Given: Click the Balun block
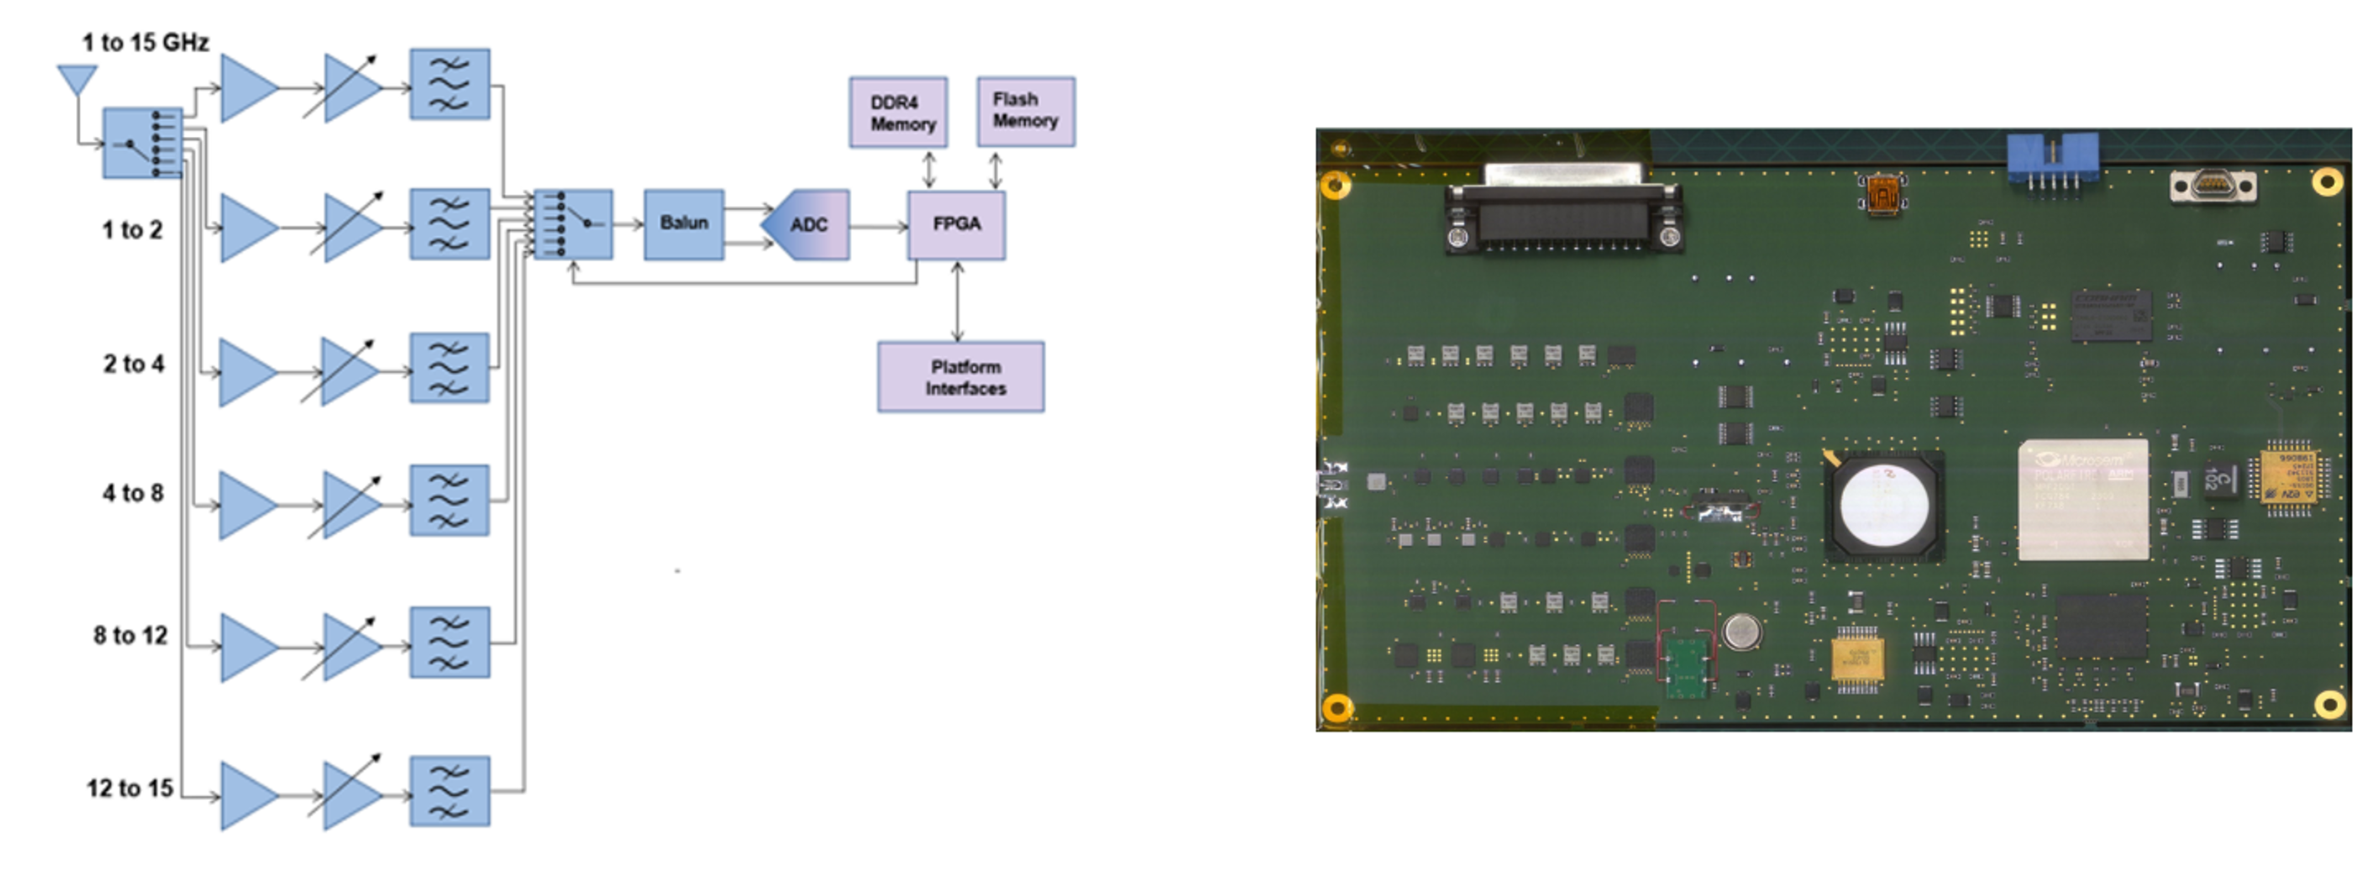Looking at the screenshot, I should [x=684, y=224].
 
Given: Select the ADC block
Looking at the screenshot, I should [x=808, y=225].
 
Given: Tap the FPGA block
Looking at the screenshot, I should [x=956, y=225].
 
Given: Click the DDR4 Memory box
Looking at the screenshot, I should [x=898, y=113].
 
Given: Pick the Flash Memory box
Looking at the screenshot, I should [x=1026, y=111].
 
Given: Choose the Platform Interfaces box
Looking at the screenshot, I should [x=961, y=377].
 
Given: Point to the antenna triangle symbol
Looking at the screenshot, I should [x=77, y=78].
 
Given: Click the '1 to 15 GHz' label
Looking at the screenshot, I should [x=145, y=42].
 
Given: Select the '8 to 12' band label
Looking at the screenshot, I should [x=130, y=636].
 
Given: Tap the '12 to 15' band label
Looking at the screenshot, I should [x=130, y=789].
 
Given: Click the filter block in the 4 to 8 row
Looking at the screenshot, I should [x=449, y=501].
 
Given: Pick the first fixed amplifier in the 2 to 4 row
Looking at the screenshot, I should [x=247, y=372].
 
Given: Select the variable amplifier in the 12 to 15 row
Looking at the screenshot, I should [x=350, y=795].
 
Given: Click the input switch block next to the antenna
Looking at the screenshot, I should [x=142, y=144].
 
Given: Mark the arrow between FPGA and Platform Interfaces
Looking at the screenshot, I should [x=957, y=302].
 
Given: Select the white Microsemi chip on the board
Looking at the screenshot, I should [x=2083, y=500].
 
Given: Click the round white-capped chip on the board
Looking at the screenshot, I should [x=1884, y=506].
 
